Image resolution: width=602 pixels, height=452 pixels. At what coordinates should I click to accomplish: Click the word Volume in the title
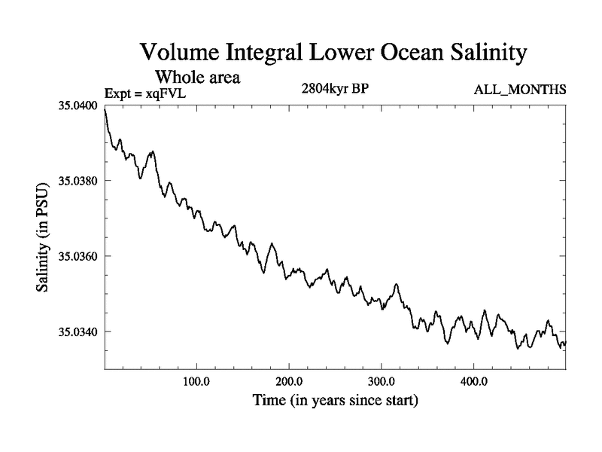pyautogui.click(x=180, y=53)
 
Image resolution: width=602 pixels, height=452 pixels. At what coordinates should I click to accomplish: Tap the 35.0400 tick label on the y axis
pyautogui.click(x=78, y=105)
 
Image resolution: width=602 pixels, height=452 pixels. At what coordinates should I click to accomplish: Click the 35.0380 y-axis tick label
pyautogui.click(x=78, y=181)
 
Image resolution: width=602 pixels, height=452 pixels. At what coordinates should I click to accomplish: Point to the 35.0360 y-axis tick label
pyautogui.click(x=78, y=256)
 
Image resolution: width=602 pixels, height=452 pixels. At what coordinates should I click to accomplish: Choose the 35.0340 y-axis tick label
pyautogui.click(x=78, y=331)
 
